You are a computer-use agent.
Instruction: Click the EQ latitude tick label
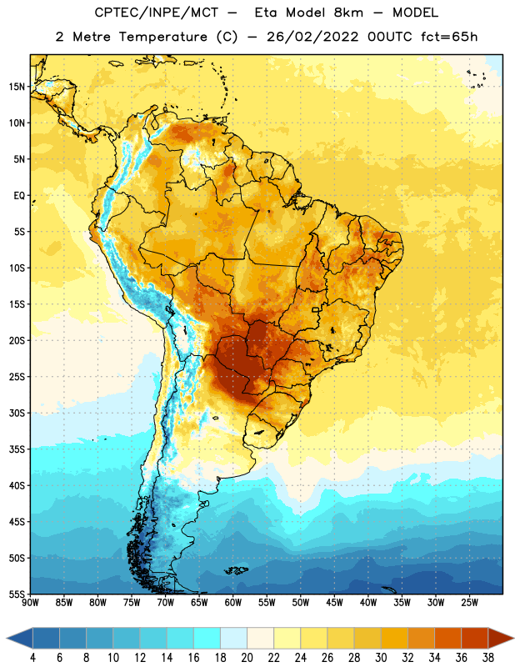click(19, 196)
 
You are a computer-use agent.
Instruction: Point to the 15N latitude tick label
click(17, 87)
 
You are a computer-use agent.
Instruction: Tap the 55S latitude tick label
click(17, 594)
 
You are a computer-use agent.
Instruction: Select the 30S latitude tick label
click(17, 413)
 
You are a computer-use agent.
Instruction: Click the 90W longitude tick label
click(30, 603)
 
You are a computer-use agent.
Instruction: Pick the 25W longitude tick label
click(469, 603)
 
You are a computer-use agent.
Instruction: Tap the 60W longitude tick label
click(233, 603)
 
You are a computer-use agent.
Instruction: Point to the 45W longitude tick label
click(334, 603)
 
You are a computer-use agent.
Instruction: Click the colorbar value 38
click(488, 658)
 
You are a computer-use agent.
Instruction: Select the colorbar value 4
click(32, 658)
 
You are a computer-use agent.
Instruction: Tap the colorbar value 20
click(247, 658)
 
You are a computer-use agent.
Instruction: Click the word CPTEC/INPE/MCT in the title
click(156, 13)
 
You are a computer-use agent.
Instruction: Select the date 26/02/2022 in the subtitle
click(312, 37)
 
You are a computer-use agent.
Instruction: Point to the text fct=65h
click(449, 37)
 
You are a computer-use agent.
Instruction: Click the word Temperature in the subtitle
click(162, 37)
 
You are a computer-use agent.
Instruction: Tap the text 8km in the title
click(348, 13)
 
